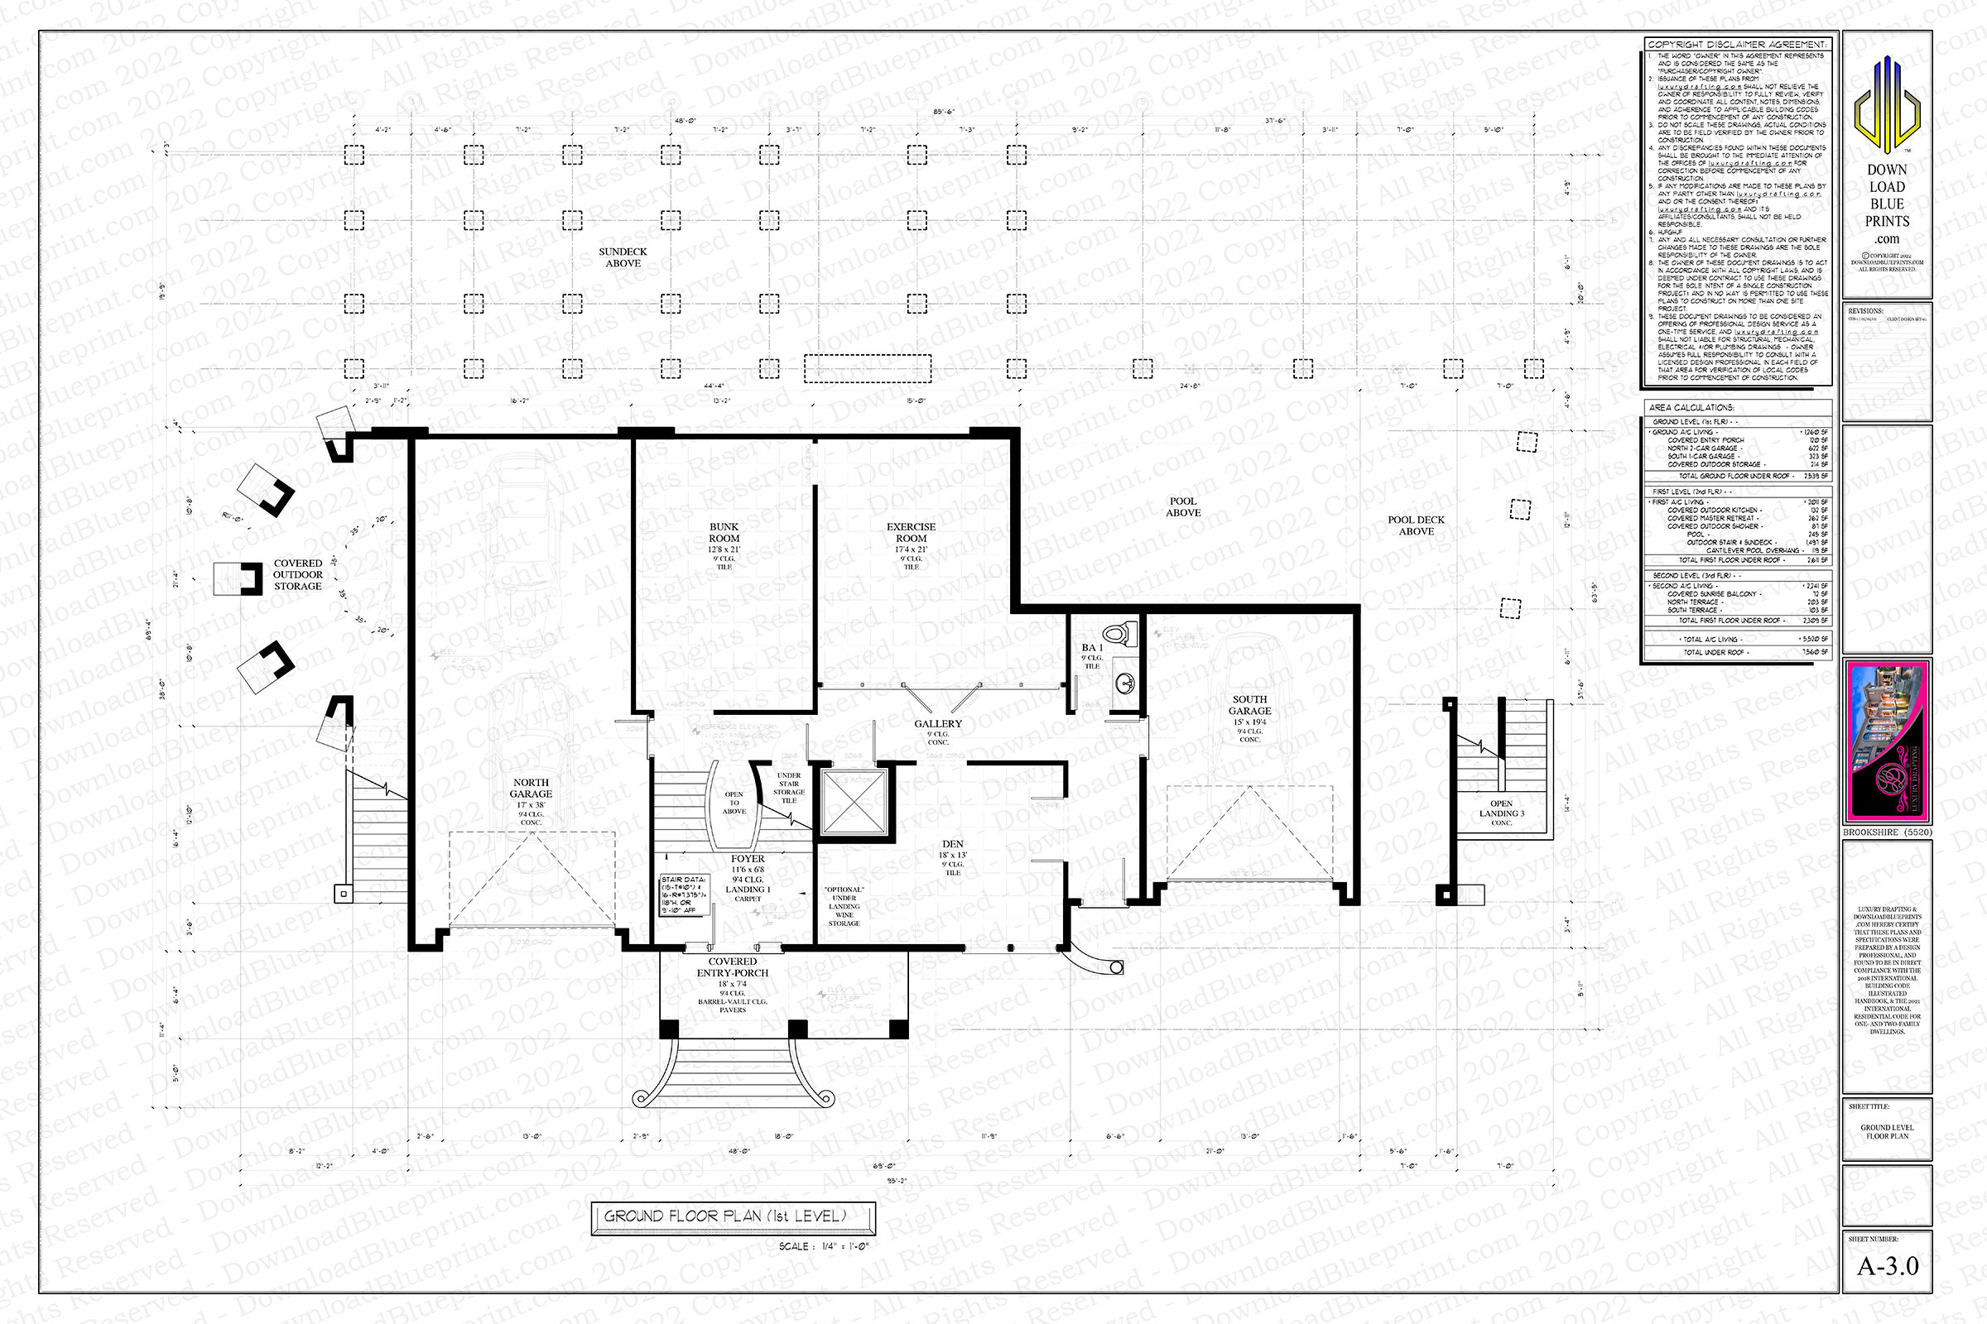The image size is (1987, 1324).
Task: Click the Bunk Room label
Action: (724, 533)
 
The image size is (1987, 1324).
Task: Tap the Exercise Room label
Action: (911, 533)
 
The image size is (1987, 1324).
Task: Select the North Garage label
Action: (531, 789)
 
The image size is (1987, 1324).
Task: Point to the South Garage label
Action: (1249, 705)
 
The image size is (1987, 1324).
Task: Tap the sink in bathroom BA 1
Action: (1124, 681)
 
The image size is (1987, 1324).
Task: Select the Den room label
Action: (953, 844)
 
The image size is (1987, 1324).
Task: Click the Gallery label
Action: (938, 723)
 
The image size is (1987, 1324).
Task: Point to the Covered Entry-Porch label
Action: (733, 967)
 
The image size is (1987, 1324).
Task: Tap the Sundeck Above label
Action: (623, 257)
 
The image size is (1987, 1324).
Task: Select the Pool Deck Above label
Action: (1416, 525)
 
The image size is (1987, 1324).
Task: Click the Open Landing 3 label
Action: (1501, 809)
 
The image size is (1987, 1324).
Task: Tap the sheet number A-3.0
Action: (1887, 1266)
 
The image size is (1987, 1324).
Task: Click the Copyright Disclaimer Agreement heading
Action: (1737, 44)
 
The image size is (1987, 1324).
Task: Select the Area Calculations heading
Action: (1691, 407)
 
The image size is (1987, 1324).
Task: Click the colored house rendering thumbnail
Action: (1887, 741)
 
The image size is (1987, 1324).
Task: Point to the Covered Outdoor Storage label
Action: (297, 574)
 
